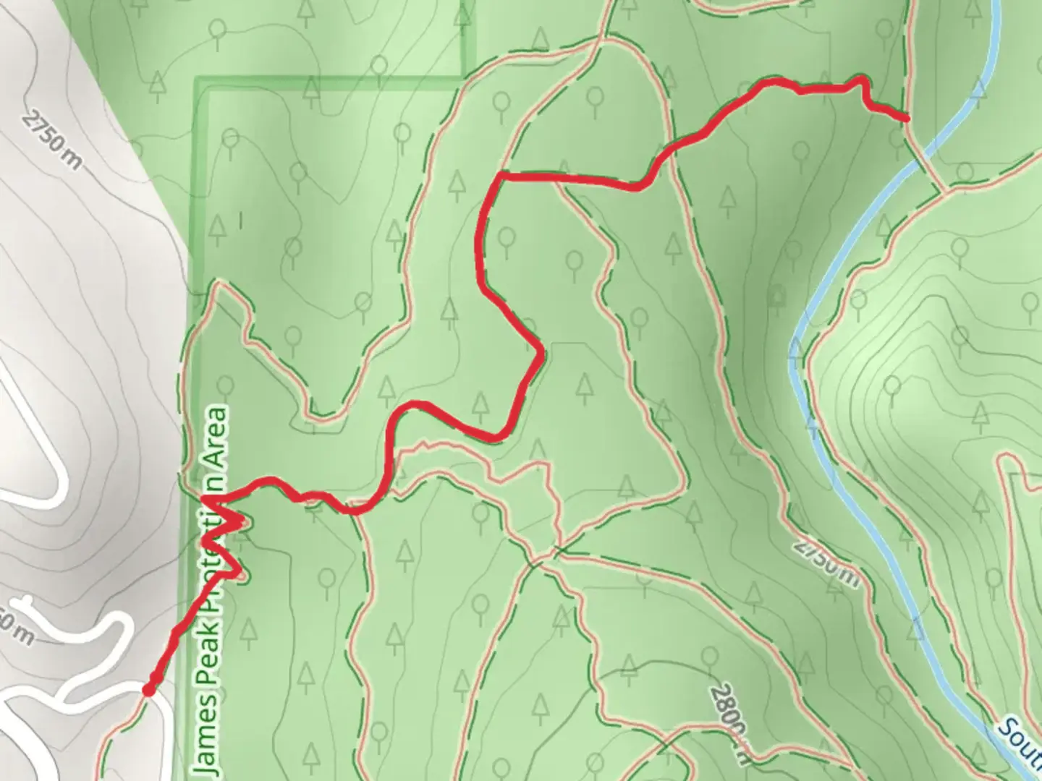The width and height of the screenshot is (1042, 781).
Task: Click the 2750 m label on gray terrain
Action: click(x=51, y=140)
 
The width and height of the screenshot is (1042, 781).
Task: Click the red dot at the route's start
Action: click(x=149, y=691)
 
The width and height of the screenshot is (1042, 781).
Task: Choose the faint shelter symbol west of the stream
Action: click(x=779, y=296)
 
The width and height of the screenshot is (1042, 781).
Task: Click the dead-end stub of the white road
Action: click(x=27, y=602)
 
